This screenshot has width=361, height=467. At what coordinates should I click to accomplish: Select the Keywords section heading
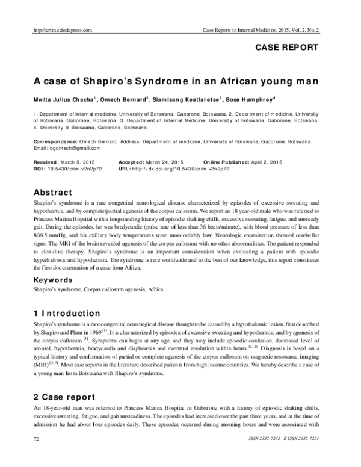[55, 280]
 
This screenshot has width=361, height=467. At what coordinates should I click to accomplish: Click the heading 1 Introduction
[67, 313]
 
